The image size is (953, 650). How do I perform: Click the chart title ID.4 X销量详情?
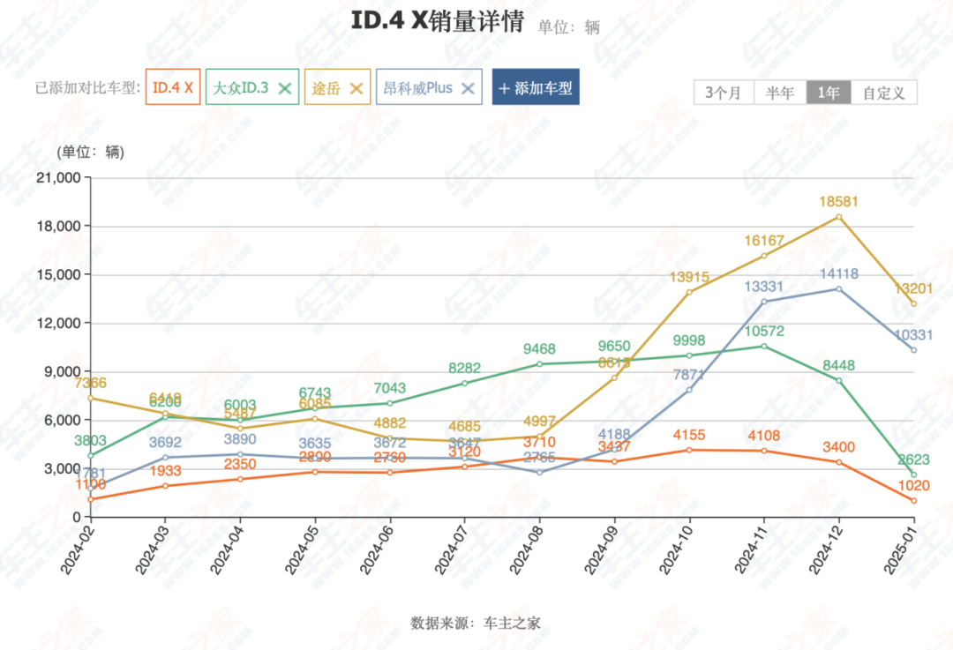(x=437, y=22)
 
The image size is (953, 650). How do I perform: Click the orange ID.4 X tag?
(x=172, y=88)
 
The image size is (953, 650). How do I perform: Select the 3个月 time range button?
(x=724, y=93)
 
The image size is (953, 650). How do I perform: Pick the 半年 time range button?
(x=780, y=93)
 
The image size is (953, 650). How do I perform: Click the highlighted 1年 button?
(x=829, y=93)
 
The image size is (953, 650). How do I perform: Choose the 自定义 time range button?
(x=884, y=93)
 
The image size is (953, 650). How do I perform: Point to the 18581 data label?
(x=838, y=202)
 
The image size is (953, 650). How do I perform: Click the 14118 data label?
(x=838, y=274)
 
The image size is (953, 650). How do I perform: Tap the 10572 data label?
(x=763, y=332)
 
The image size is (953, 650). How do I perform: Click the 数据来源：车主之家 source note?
(x=476, y=623)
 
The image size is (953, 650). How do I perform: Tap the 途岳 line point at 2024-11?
(x=764, y=256)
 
